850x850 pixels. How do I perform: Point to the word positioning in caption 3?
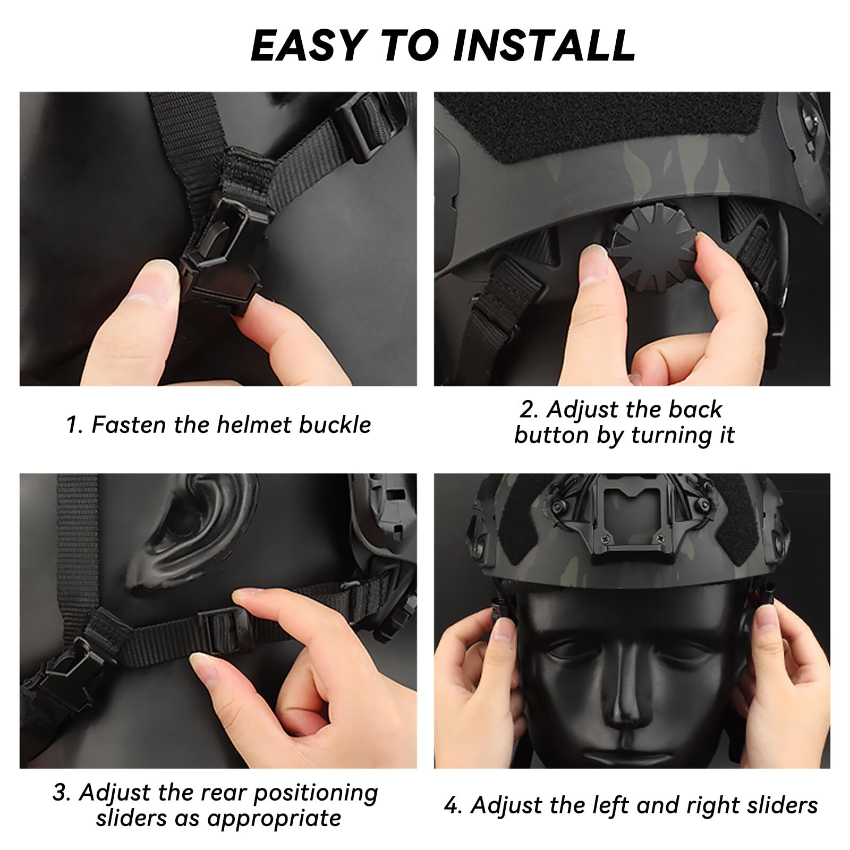click(x=315, y=793)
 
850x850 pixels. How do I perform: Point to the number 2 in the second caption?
click(x=526, y=410)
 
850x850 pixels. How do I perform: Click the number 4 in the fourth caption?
click(x=452, y=805)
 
